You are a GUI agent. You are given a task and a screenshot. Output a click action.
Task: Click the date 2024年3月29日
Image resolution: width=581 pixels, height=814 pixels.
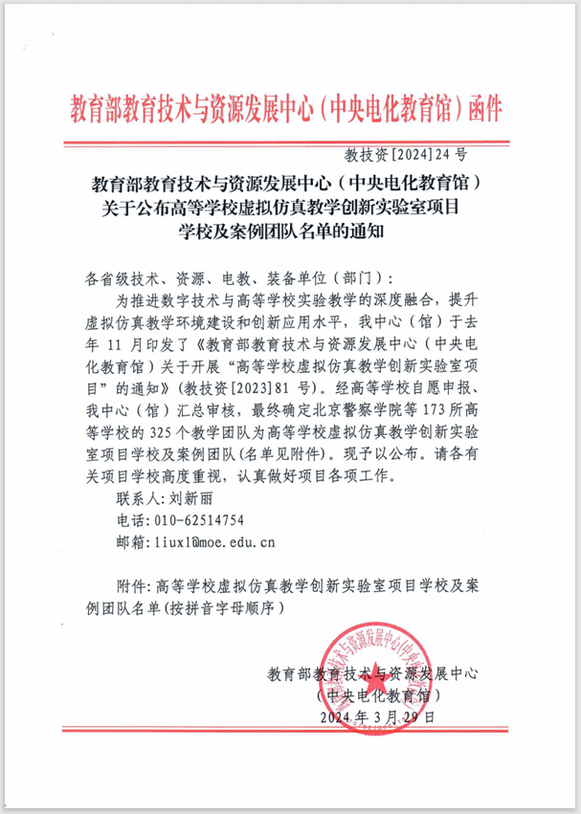[378, 716]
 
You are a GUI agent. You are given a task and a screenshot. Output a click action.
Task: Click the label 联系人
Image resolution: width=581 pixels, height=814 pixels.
[133, 498]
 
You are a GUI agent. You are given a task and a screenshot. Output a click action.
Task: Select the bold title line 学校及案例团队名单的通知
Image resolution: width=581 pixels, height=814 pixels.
[287, 230]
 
